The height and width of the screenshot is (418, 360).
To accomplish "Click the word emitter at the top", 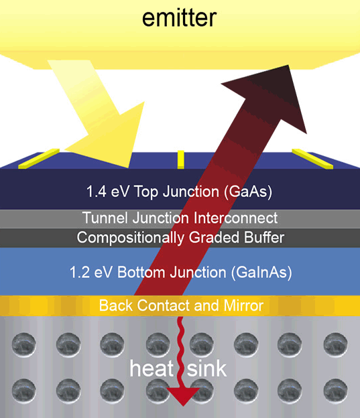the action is [179, 18].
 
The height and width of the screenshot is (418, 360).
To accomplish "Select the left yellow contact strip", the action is [39, 158].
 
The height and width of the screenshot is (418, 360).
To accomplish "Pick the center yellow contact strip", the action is [180, 159].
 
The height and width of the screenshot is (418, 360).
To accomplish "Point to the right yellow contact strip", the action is [312, 159].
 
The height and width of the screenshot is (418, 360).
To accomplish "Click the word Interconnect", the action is [235, 218].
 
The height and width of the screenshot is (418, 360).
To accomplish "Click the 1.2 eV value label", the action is [91, 273].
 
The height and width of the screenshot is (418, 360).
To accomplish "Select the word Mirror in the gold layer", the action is [243, 305].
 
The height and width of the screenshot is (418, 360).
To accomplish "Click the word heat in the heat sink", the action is [152, 368].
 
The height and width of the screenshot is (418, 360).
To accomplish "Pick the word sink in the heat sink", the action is [206, 368].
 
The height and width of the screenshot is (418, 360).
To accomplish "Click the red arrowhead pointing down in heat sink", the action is [183, 396].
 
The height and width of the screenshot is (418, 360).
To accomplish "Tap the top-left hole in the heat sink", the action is [23, 344].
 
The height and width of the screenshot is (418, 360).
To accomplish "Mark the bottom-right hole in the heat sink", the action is [335, 391].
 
